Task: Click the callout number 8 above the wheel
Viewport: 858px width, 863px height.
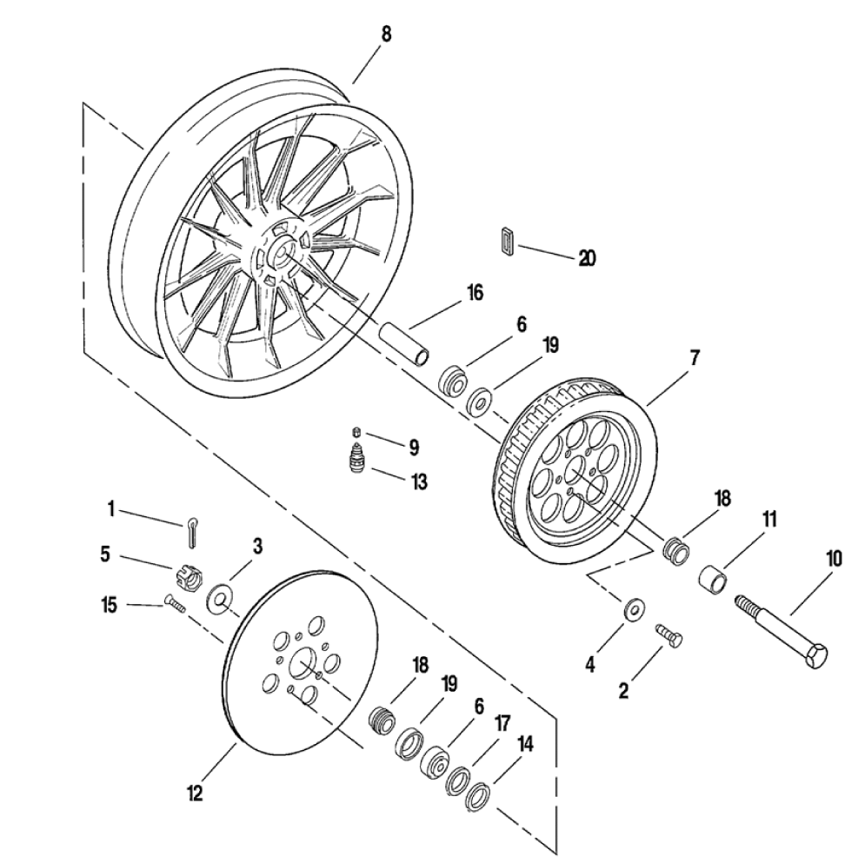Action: pos(386,34)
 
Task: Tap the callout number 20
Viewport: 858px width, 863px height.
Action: pos(587,257)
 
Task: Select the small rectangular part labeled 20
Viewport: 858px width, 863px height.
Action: pos(508,240)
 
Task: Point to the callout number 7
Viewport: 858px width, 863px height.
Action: pos(694,358)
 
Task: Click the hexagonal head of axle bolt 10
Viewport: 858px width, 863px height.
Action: pos(815,654)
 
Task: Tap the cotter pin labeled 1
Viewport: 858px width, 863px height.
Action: pos(191,533)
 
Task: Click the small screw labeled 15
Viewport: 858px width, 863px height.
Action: pos(175,604)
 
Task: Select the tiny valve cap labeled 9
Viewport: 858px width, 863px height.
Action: pos(356,430)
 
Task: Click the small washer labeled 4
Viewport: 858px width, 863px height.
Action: pos(635,608)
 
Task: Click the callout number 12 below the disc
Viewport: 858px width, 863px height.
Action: pos(194,793)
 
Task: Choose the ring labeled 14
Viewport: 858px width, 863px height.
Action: pos(478,794)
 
